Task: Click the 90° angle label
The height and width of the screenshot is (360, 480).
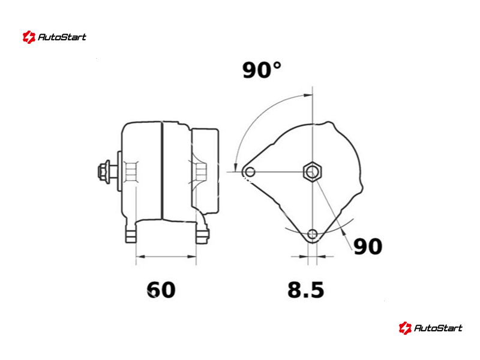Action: point(262,70)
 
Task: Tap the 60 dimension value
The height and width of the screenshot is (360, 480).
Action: point(161,290)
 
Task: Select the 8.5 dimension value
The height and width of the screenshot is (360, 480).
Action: point(305,290)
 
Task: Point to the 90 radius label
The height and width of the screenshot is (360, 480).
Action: point(368,247)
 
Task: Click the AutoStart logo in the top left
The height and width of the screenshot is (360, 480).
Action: point(55,37)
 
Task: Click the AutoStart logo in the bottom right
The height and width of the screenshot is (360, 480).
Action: point(430,328)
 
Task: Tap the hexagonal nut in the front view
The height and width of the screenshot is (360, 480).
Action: point(312,172)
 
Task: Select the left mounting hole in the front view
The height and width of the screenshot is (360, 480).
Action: point(250,172)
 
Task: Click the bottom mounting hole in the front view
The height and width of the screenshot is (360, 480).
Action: point(312,234)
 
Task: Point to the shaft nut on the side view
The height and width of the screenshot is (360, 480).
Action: point(104,172)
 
